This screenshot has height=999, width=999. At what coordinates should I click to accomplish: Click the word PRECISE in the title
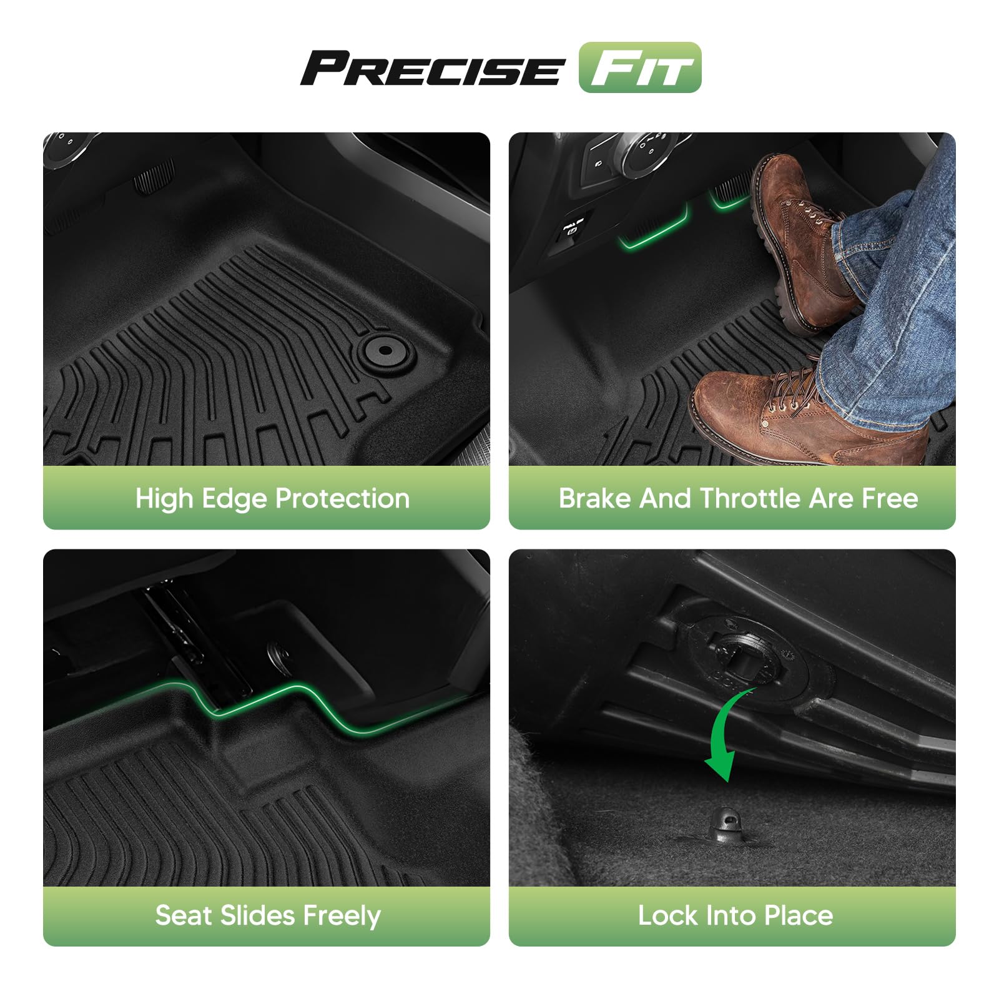click(x=433, y=68)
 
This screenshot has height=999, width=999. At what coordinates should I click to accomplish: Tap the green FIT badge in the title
click(x=640, y=67)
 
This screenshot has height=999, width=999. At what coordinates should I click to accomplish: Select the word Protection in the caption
click(x=342, y=498)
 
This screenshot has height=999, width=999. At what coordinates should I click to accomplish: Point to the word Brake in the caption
click(x=594, y=498)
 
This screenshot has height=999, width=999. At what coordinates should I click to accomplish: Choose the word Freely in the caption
click(x=342, y=917)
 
